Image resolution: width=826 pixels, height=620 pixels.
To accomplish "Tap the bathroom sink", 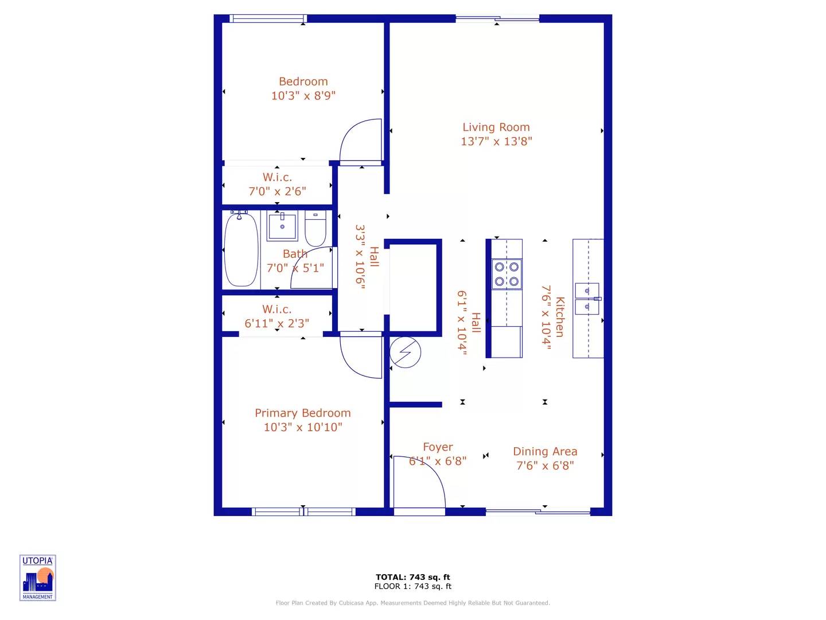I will click(x=282, y=226).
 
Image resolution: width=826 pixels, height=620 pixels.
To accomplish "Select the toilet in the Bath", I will click(x=315, y=228).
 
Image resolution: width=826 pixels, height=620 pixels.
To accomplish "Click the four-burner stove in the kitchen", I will click(x=507, y=274).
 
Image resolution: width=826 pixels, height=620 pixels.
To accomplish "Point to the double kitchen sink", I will click(x=587, y=299).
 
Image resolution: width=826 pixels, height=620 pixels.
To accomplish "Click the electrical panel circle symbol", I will click(x=405, y=352).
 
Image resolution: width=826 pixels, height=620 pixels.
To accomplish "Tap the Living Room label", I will click(x=496, y=127).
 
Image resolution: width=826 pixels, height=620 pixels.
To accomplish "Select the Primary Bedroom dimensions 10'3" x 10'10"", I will click(x=303, y=427).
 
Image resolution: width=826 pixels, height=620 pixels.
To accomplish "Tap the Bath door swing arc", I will click(x=312, y=268).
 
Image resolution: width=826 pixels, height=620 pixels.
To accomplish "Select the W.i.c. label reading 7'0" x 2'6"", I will click(x=277, y=184).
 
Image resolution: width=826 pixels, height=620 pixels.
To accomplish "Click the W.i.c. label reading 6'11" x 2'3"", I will click(x=277, y=316).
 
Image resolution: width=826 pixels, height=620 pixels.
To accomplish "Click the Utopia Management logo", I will click(x=38, y=578).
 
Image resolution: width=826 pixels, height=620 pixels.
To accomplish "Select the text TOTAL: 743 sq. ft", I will click(x=412, y=577).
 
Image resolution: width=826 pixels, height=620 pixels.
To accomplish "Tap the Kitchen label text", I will click(x=560, y=317).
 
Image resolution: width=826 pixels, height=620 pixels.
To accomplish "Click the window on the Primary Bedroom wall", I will click(x=303, y=511).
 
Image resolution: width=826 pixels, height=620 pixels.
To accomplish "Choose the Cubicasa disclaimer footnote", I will click(x=412, y=603).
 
